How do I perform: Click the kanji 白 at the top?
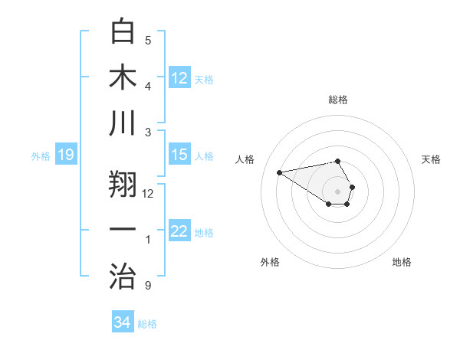123,32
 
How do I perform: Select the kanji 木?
123,77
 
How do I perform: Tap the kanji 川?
123,123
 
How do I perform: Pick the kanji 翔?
123,184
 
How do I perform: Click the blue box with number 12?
179,78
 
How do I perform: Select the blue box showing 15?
179,155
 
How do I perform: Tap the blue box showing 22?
179,231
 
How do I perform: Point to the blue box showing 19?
65,155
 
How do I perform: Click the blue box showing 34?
123,322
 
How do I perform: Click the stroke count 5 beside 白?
148,41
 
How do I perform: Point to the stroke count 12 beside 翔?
148,194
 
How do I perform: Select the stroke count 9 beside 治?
148,286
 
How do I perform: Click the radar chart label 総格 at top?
338,100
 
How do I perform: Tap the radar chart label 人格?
246,159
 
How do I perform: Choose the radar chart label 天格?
432,159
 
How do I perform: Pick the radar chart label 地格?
402,263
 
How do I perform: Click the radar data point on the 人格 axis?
279,172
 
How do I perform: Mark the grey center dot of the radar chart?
338,191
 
